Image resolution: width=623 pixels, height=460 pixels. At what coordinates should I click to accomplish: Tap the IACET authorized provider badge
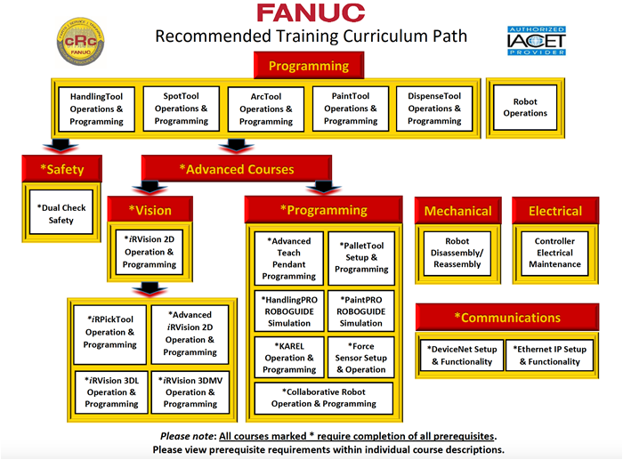537,41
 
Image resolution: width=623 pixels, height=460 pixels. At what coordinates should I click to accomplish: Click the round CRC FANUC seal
78,41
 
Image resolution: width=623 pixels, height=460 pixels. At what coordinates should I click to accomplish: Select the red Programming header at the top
308,66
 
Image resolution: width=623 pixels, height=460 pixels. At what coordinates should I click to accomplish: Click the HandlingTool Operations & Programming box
96,109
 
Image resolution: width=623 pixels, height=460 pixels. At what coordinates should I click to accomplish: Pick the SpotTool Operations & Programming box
181,109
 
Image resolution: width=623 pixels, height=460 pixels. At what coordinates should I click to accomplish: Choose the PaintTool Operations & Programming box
351,109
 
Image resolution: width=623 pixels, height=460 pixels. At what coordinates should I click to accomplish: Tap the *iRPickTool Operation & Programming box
109,332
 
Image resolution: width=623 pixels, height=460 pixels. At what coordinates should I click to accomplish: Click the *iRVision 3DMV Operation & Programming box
190,392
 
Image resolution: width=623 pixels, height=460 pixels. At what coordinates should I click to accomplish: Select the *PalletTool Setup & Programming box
361,257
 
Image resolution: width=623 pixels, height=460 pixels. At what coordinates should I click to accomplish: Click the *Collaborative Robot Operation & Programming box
324,398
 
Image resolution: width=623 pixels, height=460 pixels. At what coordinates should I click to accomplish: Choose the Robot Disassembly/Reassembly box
457,252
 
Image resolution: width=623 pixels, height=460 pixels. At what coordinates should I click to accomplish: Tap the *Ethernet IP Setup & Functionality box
549,356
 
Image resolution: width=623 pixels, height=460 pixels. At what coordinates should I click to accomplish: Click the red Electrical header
555,212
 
